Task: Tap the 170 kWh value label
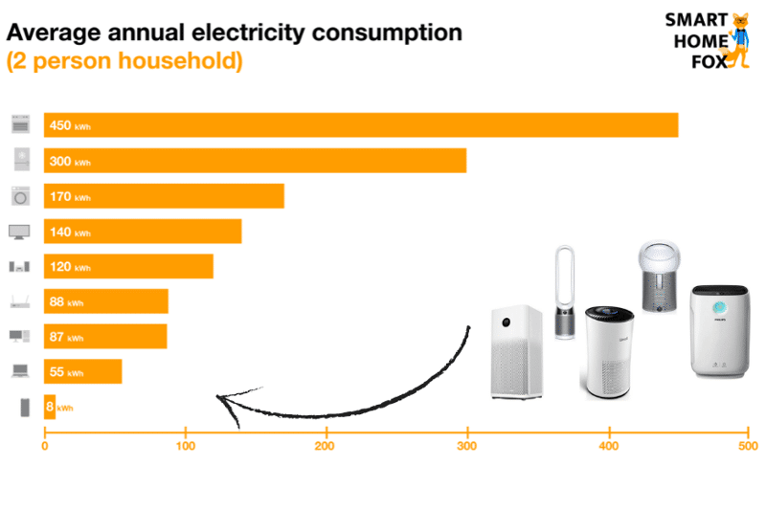point(69,196)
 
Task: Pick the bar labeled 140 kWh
point(143,232)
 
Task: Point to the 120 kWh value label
point(69,267)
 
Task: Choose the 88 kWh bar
point(106,301)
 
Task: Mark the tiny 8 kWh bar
point(50,407)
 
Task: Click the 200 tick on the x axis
point(327,445)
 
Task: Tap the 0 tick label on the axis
point(44,445)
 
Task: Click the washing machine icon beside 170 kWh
point(20,196)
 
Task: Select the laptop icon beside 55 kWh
point(20,371)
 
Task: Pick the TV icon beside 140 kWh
point(20,232)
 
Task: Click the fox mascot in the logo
point(738,40)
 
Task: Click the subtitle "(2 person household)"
point(124,61)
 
